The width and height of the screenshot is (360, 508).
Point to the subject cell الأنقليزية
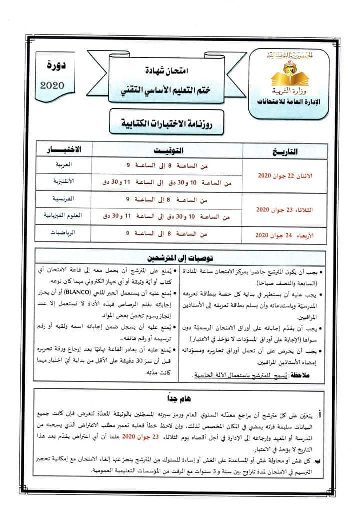pos(63,182)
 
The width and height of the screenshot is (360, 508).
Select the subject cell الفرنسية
pos(64,199)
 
